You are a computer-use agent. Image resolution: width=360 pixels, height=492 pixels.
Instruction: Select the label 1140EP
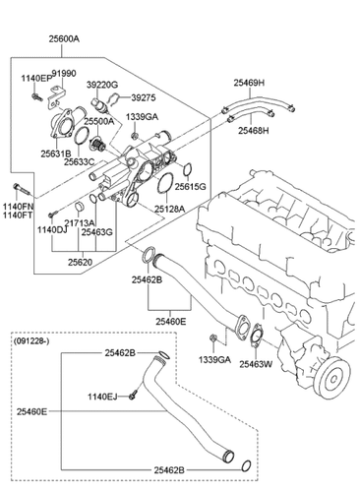tap(35, 76)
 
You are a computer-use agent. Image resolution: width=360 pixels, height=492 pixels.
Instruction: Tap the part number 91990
tap(64, 73)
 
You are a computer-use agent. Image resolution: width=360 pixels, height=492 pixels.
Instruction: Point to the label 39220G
tap(102, 86)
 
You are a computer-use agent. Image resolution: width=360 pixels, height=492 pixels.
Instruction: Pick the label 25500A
tap(99, 121)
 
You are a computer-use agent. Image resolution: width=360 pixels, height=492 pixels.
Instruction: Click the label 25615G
tap(191, 186)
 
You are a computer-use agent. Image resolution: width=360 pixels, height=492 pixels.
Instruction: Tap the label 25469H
tap(254, 84)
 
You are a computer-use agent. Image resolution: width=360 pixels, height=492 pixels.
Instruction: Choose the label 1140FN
tap(18, 208)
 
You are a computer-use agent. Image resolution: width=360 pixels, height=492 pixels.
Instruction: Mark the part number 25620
tap(82, 263)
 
